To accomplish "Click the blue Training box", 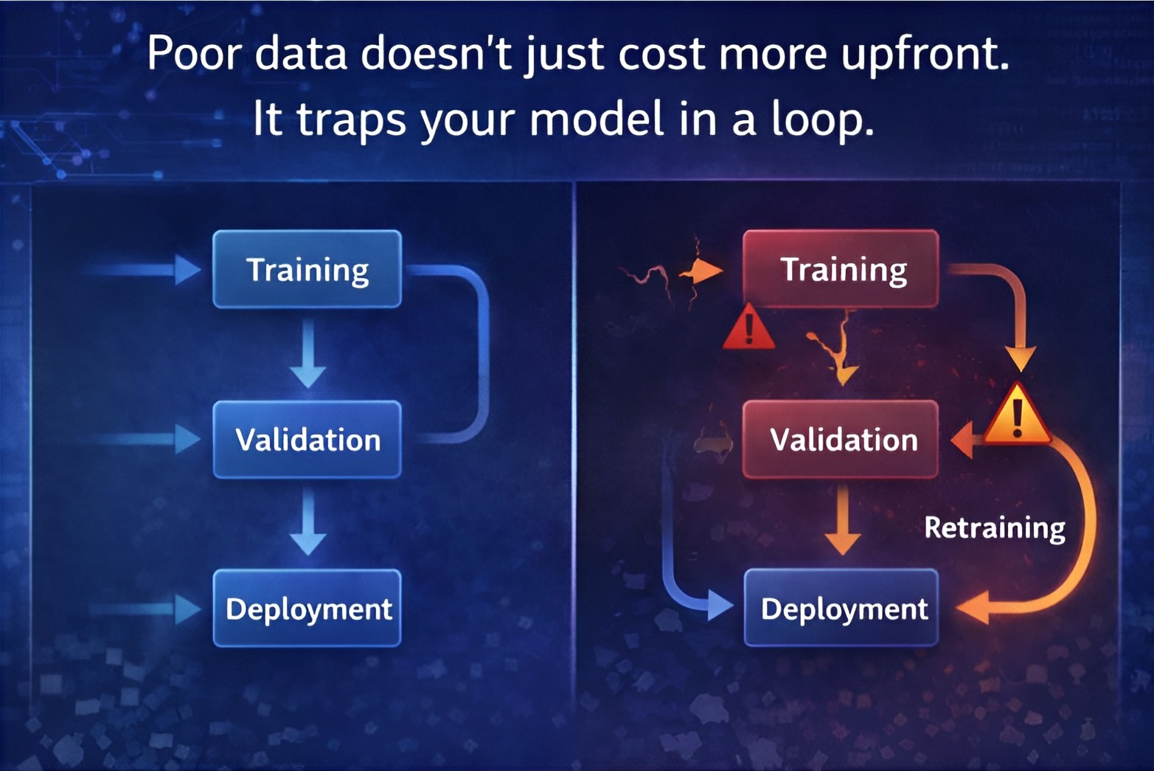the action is pos(307,269).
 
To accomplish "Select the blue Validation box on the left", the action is pos(307,440).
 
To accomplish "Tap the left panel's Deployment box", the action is pos(307,608).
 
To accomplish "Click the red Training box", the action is pos(841,269).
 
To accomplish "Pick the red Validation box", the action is pos(841,440).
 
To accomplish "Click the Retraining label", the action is pos(994,528).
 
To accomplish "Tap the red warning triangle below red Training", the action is pos(748,327).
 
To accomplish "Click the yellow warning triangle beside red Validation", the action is pos(1017,414).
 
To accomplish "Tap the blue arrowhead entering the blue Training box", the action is pos(187,269).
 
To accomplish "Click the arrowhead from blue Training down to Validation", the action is pos(307,376).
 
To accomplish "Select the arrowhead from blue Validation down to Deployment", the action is pos(307,544).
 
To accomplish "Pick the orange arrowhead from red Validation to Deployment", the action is pos(843,544).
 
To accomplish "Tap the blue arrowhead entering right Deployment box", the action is pos(720,605).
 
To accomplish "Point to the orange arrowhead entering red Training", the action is pos(707,270).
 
